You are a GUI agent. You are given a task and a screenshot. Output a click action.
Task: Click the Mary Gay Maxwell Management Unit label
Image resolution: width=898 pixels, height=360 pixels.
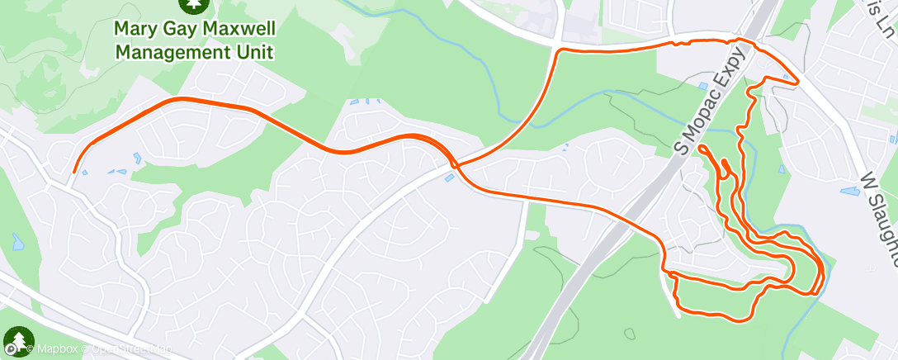[194, 40]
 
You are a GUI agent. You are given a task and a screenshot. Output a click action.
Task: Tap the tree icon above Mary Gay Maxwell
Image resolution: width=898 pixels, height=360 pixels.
[195, 4]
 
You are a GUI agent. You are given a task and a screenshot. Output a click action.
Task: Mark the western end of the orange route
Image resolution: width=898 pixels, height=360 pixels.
[74, 172]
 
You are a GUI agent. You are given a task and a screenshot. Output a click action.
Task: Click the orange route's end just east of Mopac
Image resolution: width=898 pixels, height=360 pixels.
[700, 148]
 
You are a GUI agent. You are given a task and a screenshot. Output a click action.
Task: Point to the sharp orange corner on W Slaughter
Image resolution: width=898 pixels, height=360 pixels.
[797, 83]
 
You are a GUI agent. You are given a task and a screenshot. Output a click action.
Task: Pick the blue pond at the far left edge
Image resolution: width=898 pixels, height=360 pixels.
[17, 242]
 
